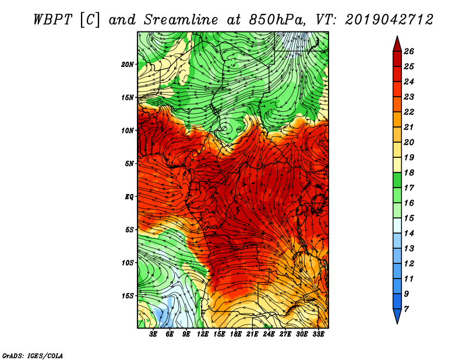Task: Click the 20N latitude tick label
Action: click(128, 65)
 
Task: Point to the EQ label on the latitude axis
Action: click(129, 197)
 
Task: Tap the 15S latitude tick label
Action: click(128, 296)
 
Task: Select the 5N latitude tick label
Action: click(129, 164)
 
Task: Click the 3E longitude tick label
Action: click(153, 334)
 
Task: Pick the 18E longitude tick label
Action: click(236, 334)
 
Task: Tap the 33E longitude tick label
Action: click(318, 334)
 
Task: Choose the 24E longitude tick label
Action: click(269, 334)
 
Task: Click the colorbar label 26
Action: click(409, 51)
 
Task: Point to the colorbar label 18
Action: click(409, 172)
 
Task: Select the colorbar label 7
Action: click(406, 309)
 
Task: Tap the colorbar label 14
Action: click(409, 234)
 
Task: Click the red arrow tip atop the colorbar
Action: click(397, 36)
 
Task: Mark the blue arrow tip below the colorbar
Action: click(397, 323)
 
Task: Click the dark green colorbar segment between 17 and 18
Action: click(397, 181)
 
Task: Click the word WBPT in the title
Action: click(52, 20)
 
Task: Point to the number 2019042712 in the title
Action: click(389, 20)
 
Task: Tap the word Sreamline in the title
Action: click(181, 20)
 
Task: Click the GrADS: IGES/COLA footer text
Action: click(33, 355)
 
